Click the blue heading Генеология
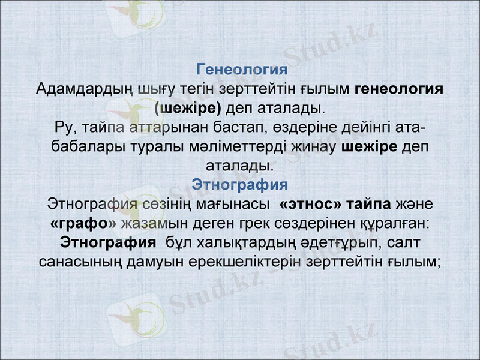(240, 69)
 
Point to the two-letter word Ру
(63, 128)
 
